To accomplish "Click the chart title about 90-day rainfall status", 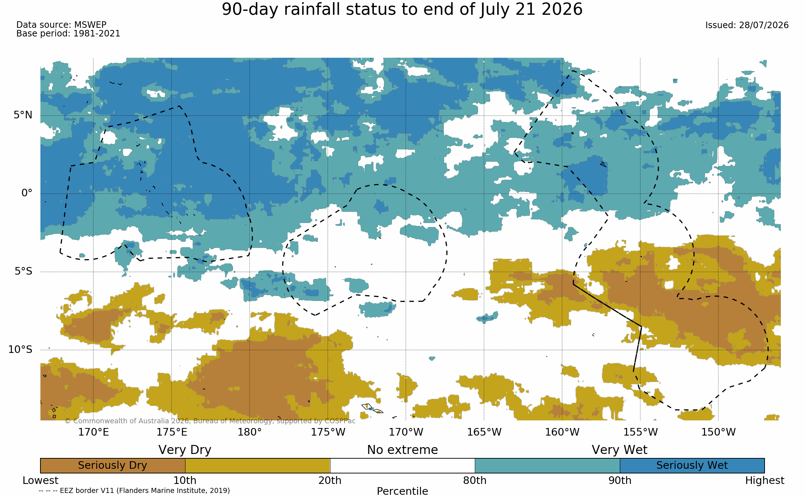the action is tap(402, 9).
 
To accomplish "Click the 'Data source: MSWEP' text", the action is tap(61, 25).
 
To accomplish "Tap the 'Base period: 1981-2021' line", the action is tap(68, 34).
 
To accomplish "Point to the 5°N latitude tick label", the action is tap(23, 115).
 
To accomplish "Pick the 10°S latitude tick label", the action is tap(21, 349).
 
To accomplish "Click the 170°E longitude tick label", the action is tap(93, 432).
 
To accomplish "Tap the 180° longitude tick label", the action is tap(249, 432).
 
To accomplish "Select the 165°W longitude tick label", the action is tap(484, 432).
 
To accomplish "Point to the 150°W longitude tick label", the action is tap(718, 432).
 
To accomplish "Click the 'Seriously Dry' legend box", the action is tap(113, 466).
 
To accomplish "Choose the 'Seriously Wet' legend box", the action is tap(692, 466).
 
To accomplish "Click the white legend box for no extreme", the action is tap(402, 466).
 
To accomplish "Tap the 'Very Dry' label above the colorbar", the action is tap(185, 450).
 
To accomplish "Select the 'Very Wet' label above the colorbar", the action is tap(620, 450).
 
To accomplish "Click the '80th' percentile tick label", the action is tap(475, 480).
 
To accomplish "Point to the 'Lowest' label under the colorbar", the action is tap(40, 480).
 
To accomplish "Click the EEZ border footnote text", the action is tap(134, 490).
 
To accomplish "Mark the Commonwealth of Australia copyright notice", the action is tap(210, 421).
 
